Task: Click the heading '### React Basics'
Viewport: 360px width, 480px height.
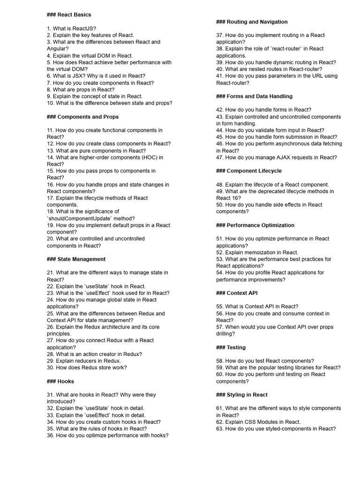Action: point(69,15)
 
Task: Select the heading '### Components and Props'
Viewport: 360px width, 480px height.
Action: point(82,117)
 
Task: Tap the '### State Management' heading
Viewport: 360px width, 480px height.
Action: point(76,259)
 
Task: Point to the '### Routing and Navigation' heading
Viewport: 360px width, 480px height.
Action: point(252,22)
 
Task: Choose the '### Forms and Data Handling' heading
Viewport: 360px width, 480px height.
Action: point(254,96)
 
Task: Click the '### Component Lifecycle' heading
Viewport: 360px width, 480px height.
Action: point(249,171)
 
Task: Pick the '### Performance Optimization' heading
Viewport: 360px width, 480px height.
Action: point(255,225)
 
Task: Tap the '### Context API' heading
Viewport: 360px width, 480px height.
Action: point(237,293)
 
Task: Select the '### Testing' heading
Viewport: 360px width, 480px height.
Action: point(231,347)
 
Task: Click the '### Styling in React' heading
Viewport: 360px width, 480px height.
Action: point(242,395)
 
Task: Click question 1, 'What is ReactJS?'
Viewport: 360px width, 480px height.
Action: point(71,28)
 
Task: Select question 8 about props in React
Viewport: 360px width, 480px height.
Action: point(80,90)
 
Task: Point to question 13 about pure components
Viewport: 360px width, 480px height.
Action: point(96,150)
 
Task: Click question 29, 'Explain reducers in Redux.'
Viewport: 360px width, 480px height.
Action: point(83,361)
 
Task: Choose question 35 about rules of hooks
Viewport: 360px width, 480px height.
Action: point(97,428)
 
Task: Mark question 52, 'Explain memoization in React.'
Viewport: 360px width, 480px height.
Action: point(257,252)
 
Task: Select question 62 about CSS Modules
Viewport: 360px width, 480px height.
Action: point(258,422)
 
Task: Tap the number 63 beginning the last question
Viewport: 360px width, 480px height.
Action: point(219,428)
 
